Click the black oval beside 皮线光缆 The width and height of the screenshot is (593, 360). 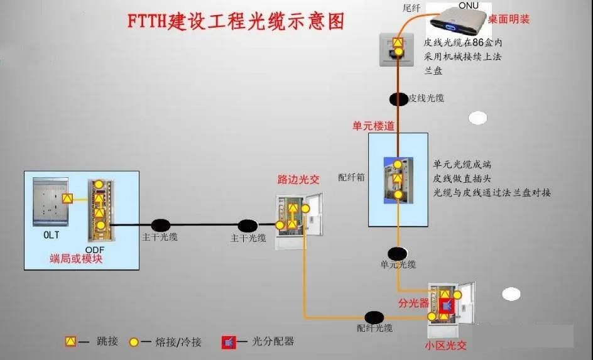[398, 99]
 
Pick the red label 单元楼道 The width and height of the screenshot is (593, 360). [374, 126]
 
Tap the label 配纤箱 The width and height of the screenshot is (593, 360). [352, 177]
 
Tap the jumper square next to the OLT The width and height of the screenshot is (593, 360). [68, 199]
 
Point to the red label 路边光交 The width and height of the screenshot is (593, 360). [298, 180]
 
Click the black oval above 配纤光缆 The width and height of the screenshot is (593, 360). [374, 317]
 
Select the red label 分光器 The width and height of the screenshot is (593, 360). [413, 303]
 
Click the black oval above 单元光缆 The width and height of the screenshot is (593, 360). [397, 254]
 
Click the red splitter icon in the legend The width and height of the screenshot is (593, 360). [229, 342]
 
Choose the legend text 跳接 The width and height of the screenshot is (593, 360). [107, 342]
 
